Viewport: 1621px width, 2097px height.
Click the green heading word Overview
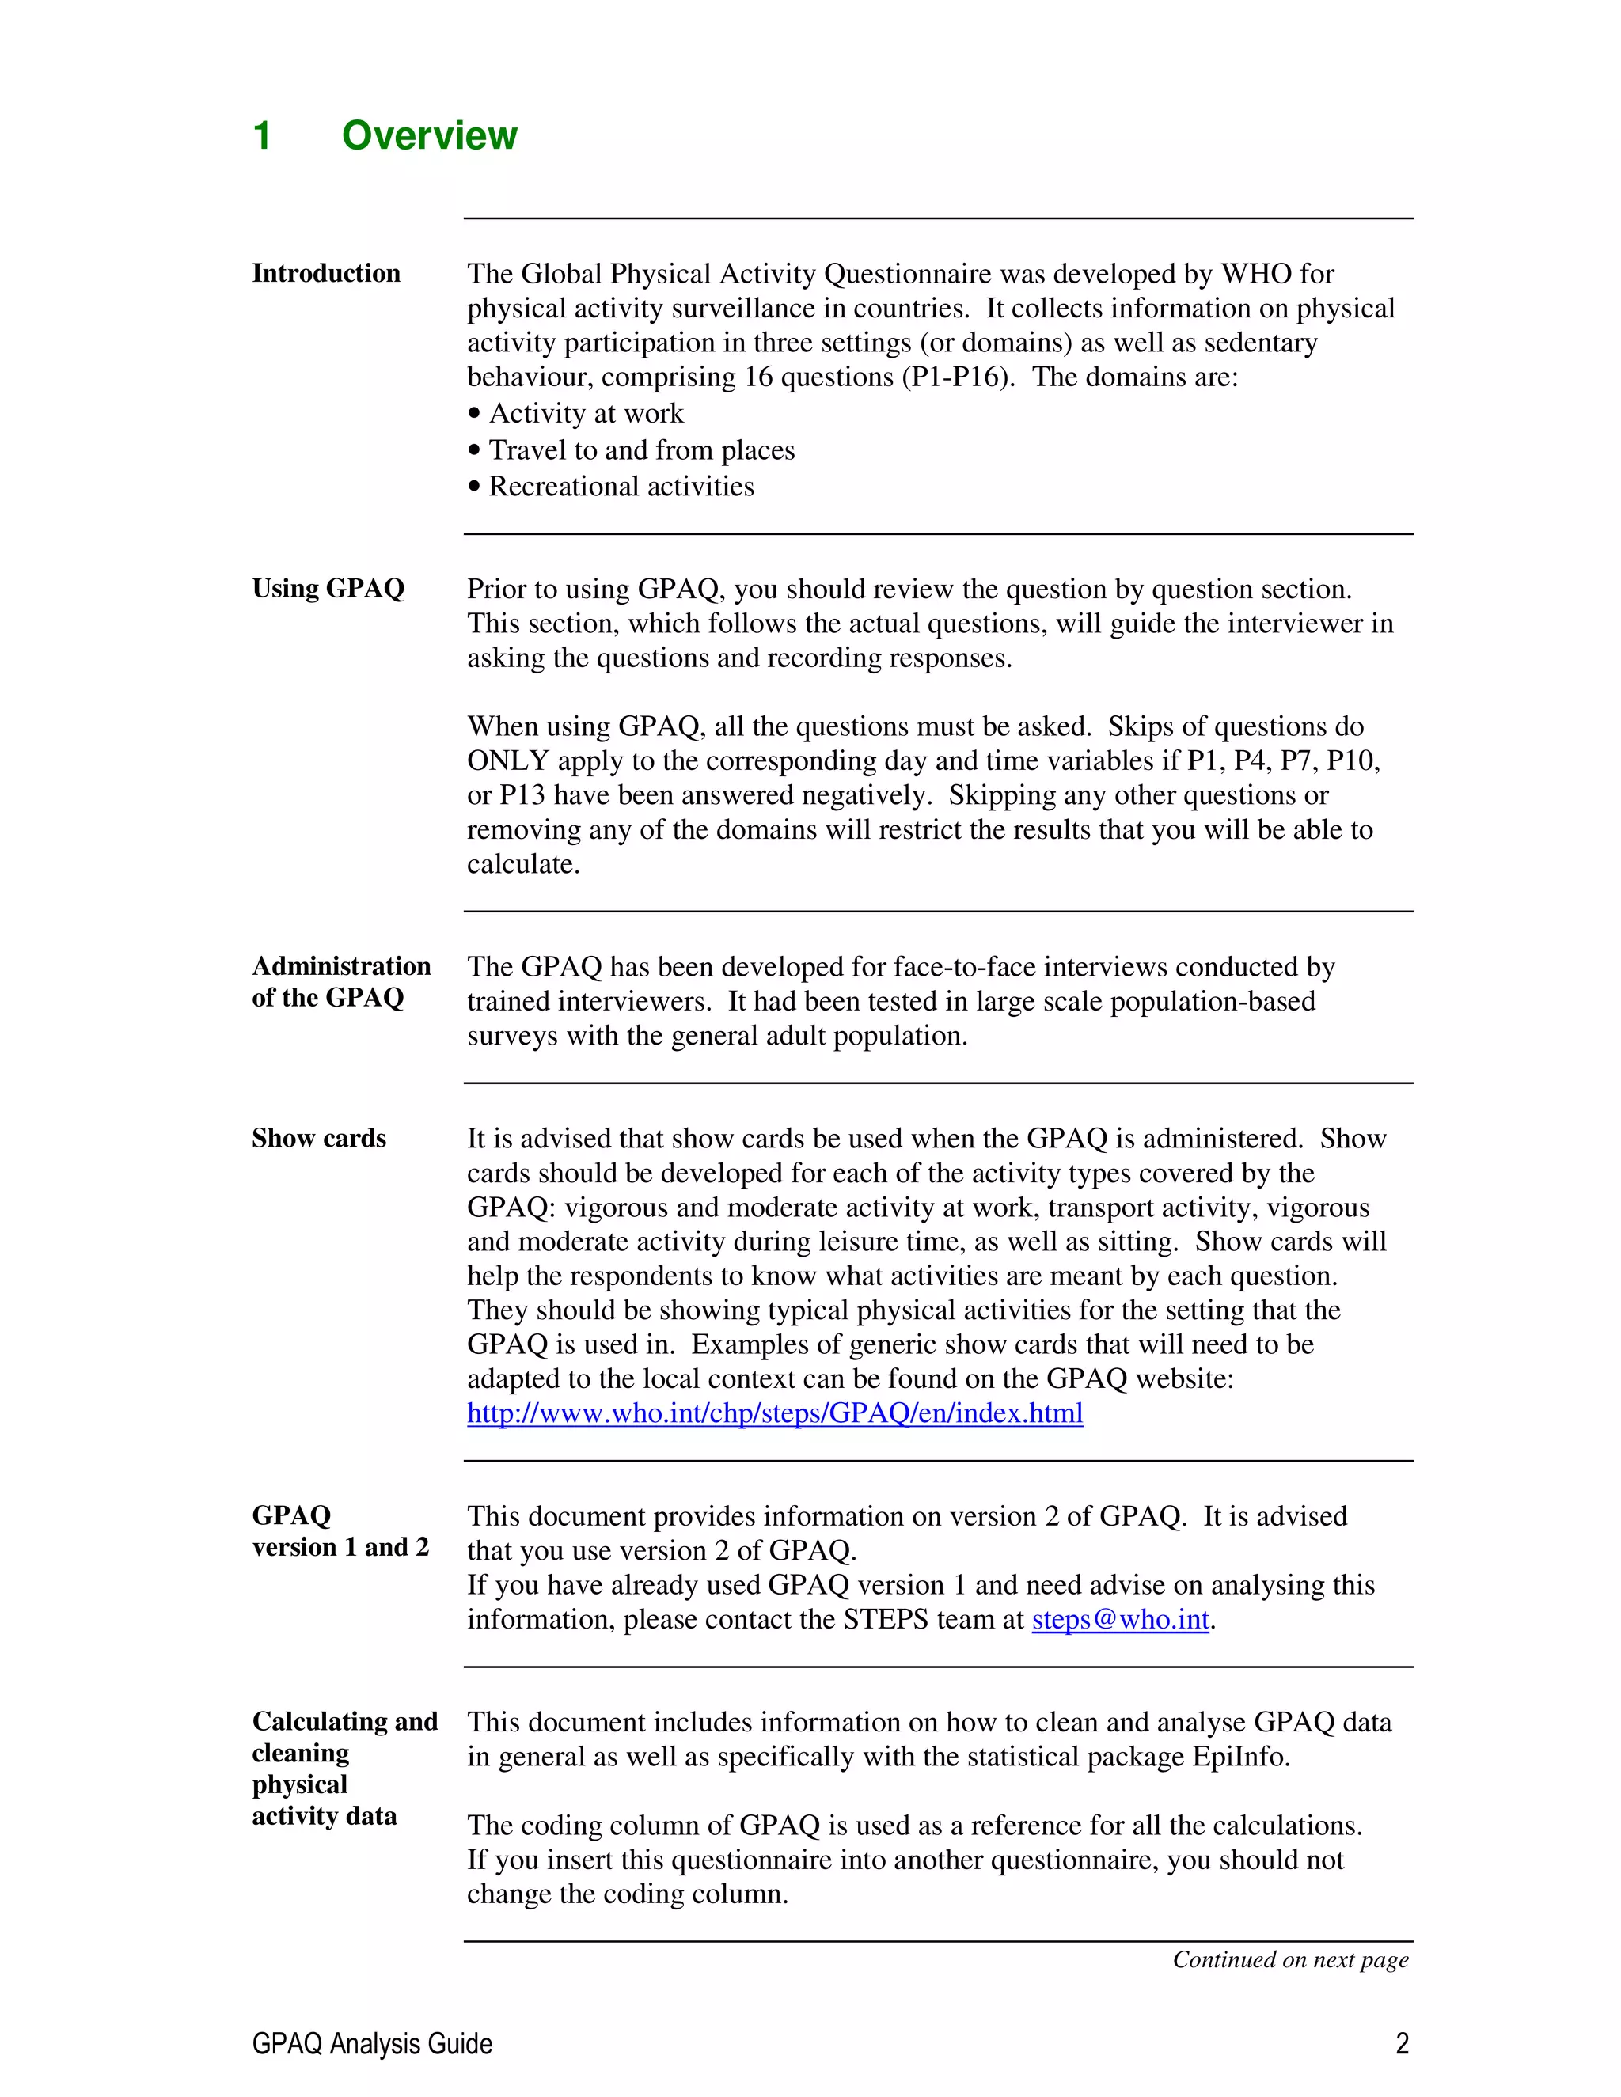(429, 135)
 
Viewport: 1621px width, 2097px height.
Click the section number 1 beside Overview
(261, 135)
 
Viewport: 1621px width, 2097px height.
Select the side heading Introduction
(325, 273)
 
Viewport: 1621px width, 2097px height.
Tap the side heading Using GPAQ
(328, 588)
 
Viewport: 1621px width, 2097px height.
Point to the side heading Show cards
(319, 1138)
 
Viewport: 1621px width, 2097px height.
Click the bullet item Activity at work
(586, 413)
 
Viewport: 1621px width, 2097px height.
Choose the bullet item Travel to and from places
(641, 449)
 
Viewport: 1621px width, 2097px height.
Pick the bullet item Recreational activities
(621, 486)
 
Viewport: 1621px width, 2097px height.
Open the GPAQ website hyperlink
(775, 1413)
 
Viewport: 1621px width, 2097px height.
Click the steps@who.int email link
(1120, 1619)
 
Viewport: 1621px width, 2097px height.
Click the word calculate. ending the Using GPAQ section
(523, 864)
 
